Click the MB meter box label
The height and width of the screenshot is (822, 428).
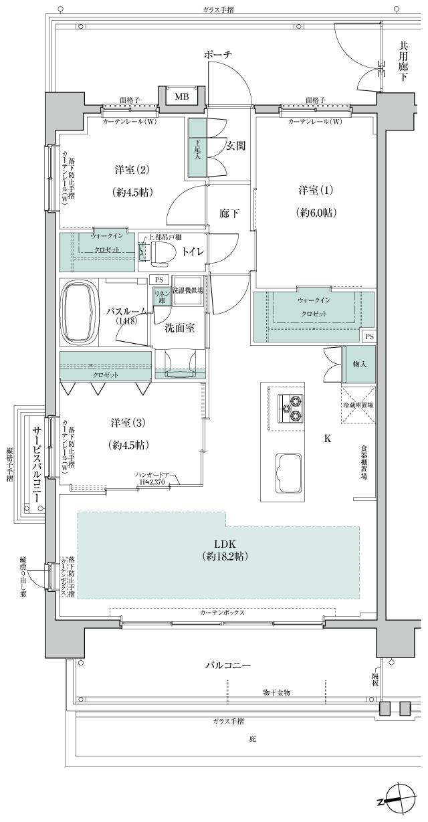pyautogui.click(x=182, y=97)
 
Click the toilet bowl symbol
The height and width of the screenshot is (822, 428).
pyautogui.click(x=165, y=253)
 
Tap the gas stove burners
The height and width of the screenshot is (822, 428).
pyautogui.click(x=291, y=409)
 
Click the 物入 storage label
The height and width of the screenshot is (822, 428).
pyautogui.click(x=358, y=365)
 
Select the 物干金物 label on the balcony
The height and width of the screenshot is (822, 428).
pyautogui.click(x=276, y=691)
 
